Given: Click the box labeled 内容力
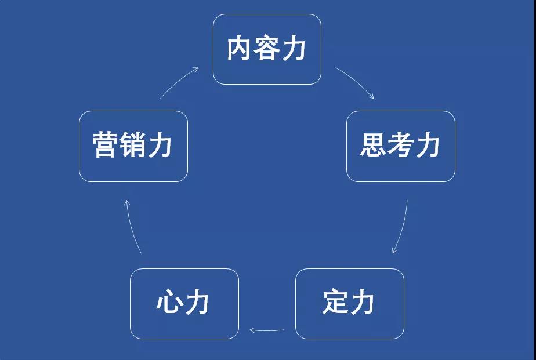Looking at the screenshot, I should (267, 49).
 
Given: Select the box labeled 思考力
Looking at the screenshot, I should (400, 146).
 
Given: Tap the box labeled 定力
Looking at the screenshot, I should (349, 303).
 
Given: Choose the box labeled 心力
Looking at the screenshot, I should (184, 303).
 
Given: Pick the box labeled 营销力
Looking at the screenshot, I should (133, 146).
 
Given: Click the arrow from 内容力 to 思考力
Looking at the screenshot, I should (355, 81).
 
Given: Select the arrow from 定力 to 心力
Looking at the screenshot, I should (267, 330).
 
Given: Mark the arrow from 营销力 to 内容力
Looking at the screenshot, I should (179, 82).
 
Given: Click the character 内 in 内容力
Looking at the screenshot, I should (240, 49).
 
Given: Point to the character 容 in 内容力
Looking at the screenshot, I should (267, 49).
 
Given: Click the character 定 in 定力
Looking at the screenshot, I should (335, 303).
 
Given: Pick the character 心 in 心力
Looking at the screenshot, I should (170, 303).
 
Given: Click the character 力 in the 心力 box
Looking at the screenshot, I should (197, 303).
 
